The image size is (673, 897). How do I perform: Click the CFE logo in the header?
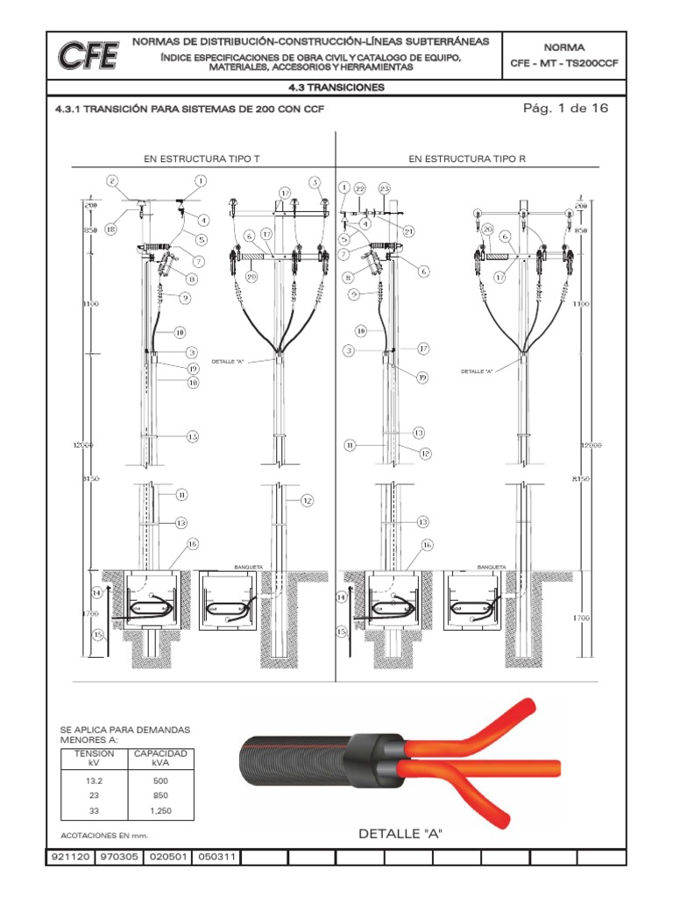pos(89,56)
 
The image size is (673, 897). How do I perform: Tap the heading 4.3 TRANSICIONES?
pos(336,88)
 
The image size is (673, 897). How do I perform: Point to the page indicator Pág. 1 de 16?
pos(564,109)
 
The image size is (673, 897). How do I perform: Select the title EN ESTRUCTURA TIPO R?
pos(467,159)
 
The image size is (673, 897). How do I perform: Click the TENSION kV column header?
pos(89,758)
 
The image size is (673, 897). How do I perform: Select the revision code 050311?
pos(216,858)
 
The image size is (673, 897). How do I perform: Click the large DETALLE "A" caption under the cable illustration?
pos(400,834)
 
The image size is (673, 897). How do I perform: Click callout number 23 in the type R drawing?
pos(384,188)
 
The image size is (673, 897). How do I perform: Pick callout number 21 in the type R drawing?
pos(408,230)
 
